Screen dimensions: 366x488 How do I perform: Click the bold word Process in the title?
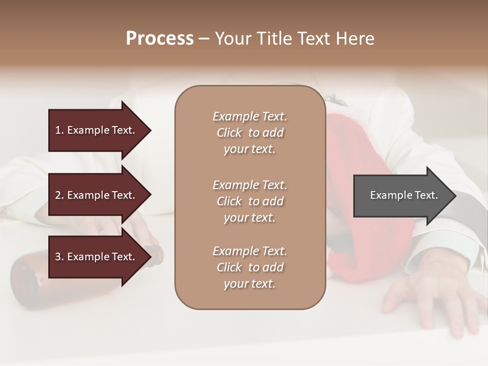coord(160,39)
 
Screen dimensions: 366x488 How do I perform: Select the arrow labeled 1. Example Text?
coord(97,130)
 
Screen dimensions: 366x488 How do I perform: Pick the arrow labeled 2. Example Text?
coord(97,195)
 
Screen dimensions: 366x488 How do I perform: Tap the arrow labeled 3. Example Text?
coord(97,257)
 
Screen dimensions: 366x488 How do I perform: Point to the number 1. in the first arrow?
coord(59,130)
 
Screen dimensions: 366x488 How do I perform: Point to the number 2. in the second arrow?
coord(59,195)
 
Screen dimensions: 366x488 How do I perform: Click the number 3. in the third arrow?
coord(59,257)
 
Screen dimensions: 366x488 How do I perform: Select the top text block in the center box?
coord(250,133)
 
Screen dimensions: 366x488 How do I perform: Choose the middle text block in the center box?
coord(250,201)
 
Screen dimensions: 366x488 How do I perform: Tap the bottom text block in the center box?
coord(250,267)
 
